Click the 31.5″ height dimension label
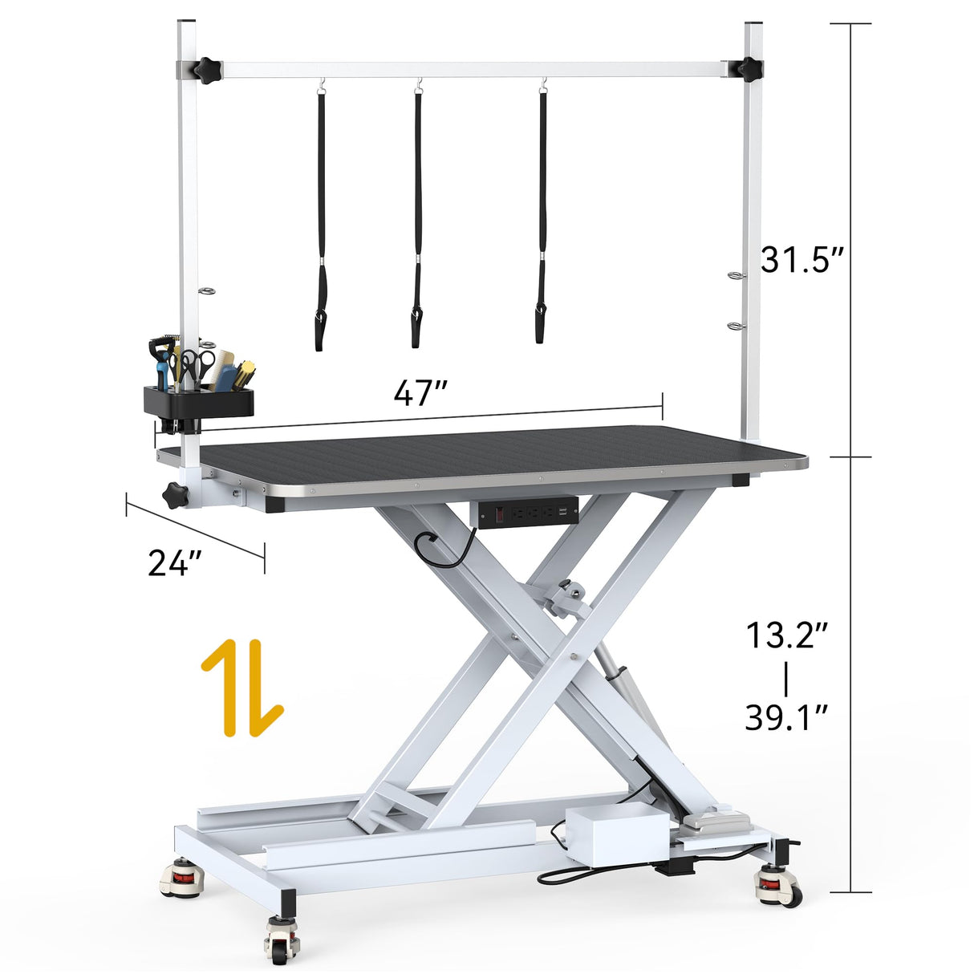point(802,259)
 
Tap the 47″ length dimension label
point(420,393)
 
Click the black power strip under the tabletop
point(528,513)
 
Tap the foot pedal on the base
point(716,822)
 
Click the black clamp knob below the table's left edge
point(175,495)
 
